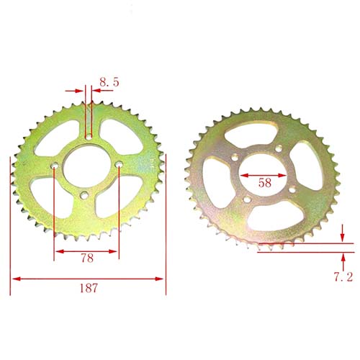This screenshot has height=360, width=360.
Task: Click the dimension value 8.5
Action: (x=109, y=83)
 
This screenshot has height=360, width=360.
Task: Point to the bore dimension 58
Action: (x=265, y=183)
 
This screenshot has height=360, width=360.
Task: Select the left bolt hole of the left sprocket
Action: (x=55, y=171)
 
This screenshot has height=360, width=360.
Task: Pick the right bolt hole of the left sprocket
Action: (x=117, y=165)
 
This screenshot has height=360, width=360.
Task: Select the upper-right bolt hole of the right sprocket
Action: (x=277, y=149)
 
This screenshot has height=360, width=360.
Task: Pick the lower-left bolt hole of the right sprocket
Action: (x=246, y=199)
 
